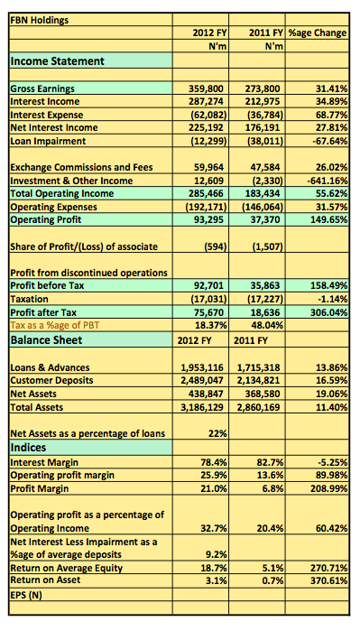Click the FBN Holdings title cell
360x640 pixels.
39,20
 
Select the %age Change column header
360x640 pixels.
318,32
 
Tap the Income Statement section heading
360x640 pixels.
57,61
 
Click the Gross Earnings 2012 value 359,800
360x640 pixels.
208,88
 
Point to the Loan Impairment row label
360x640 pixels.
48,141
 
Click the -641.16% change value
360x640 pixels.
328,181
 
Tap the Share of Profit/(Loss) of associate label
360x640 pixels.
84,246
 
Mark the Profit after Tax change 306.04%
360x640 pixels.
330,312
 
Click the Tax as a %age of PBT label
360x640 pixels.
54,325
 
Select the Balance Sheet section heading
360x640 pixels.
46,340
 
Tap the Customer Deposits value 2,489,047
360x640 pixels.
202,380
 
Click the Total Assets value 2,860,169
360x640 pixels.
259,407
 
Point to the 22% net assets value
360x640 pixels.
217,433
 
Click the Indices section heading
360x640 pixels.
28,448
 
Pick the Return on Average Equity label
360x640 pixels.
66,568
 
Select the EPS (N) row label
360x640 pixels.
25,595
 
